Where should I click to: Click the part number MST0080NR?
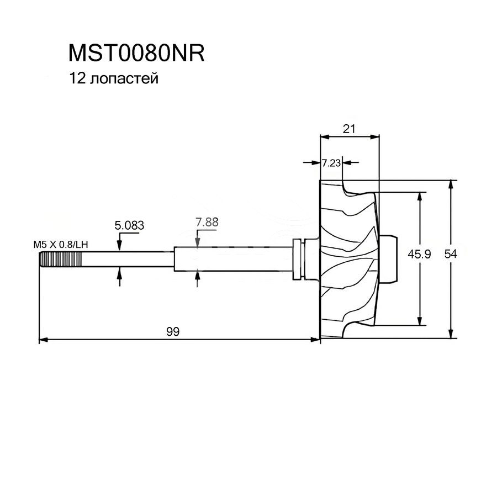point(136,54)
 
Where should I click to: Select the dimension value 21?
point(348,129)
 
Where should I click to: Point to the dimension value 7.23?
point(331,163)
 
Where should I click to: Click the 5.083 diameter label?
point(129,225)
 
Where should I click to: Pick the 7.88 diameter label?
point(207,223)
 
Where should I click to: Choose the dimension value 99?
point(173,331)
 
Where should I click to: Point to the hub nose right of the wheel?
point(389,259)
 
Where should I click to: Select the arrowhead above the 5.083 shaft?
point(120,246)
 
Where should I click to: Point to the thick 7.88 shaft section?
point(232,258)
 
